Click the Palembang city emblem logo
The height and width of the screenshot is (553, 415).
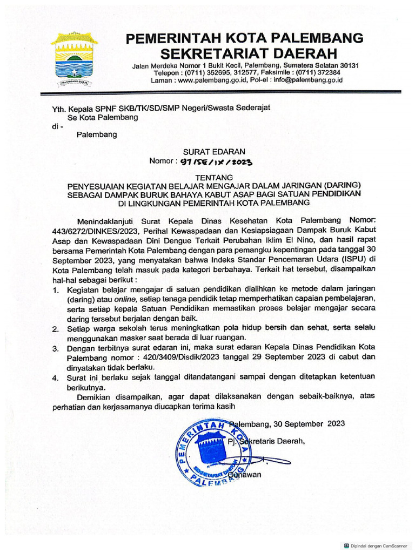[x=74, y=59]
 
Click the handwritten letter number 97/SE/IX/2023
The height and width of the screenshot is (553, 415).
[x=216, y=161]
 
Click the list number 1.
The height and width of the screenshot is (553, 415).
[x=56, y=291]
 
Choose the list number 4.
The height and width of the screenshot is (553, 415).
[x=56, y=378]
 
